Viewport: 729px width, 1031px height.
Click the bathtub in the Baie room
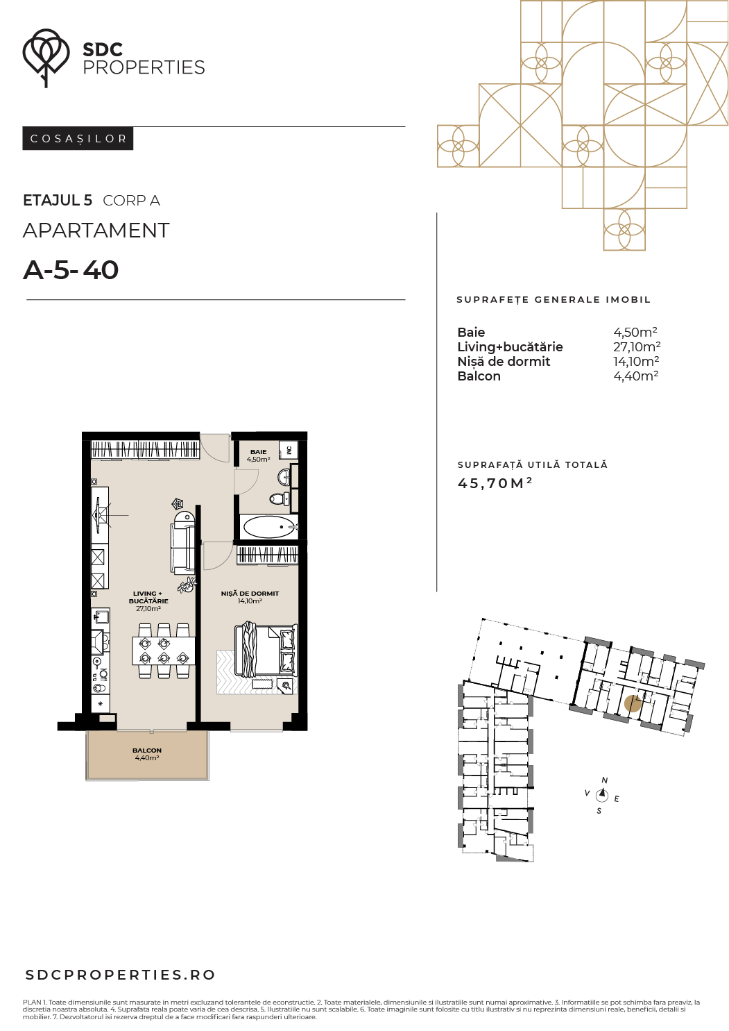(269, 526)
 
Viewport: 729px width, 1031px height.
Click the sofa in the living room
(184, 542)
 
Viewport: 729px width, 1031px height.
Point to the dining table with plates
(163, 650)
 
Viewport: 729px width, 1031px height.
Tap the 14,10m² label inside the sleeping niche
(250, 601)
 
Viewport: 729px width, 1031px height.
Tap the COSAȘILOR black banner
(78, 139)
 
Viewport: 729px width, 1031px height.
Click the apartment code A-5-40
(71, 270)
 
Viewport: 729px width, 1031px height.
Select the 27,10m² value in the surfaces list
(637, 346)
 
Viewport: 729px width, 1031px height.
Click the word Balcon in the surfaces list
(479, 376)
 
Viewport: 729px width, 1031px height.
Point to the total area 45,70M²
(495, 483)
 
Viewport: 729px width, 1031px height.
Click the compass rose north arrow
(602, 795)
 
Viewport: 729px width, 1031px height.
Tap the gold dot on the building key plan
(633, 704)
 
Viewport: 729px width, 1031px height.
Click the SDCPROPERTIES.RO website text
(121, 975)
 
